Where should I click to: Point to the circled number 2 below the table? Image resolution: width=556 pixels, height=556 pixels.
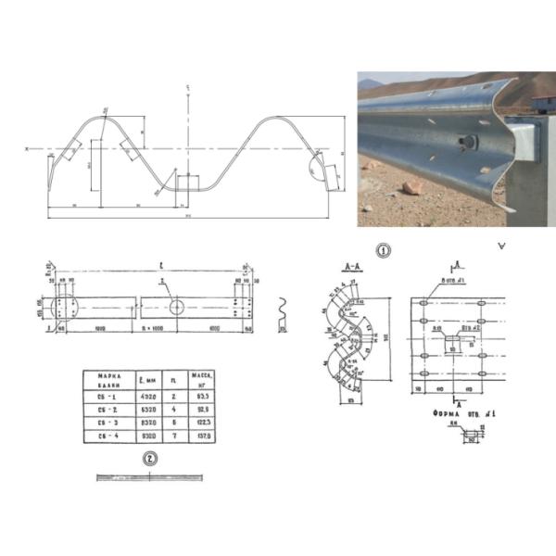click(149, 457)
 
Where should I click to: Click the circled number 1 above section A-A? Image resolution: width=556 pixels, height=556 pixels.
click(383, 250)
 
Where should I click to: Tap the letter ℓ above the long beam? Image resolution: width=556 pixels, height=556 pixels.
click(148, 262)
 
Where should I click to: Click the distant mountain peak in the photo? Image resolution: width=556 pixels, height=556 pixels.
click(370, 83)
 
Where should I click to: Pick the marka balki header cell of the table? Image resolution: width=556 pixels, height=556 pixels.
click(101, 378)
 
